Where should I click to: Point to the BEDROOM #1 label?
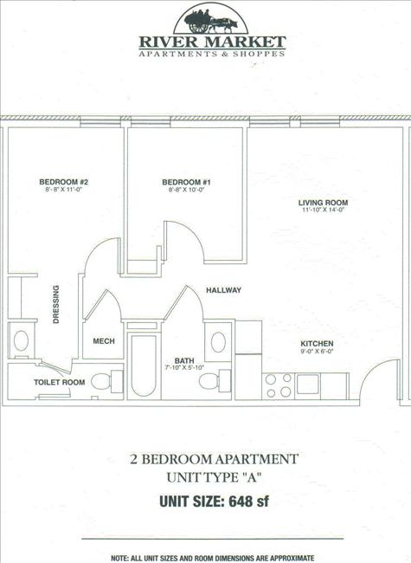pyautogui.click(x=186, y=182)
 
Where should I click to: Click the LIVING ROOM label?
pyautogui.click(x=324, y=202)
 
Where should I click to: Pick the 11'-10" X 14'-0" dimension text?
pyautogui.click(x=324, y=210)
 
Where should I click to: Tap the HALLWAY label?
pyautogui.click(x=223, y=290)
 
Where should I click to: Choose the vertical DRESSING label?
pyautogui.click(x=55, y=304)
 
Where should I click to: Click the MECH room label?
pyautogui.click(x=104, y=341)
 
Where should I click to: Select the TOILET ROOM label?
pyautogui.click(x=59, y=382)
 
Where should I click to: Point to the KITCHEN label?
pyautogui.click(x=318, y=344)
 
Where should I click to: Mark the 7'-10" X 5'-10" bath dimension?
pyautogui.click(x=183, y=369)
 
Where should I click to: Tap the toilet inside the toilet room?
pyautogui.click(x=105, y=380)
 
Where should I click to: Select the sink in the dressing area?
pyautogui.click(x=21, y=340)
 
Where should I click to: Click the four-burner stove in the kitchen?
pyautogui.click(x=279, y=385)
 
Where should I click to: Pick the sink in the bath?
pyautogui.click(x=219, y=340)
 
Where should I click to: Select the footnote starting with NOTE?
pyautogui.click(x=212, y=557)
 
